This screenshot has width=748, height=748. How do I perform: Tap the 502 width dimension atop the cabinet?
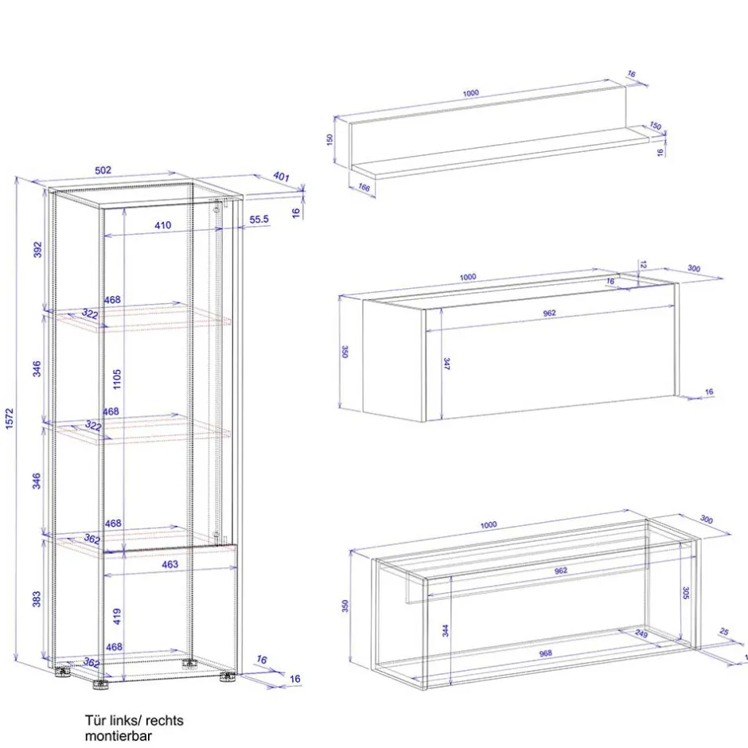coord(103,169)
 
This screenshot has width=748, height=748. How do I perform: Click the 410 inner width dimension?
coord(162,225)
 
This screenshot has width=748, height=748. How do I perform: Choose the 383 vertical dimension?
coord(37,599)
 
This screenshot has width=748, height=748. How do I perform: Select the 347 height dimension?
coord(447,364)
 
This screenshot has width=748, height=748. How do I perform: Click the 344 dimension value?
coord(446,630)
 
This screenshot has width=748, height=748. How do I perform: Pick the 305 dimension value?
coord(685,592)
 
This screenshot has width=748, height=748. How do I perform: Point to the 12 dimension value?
coord(643,263)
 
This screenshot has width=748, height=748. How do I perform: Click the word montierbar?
coord(118,736)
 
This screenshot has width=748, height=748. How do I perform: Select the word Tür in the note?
coord(95,720)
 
